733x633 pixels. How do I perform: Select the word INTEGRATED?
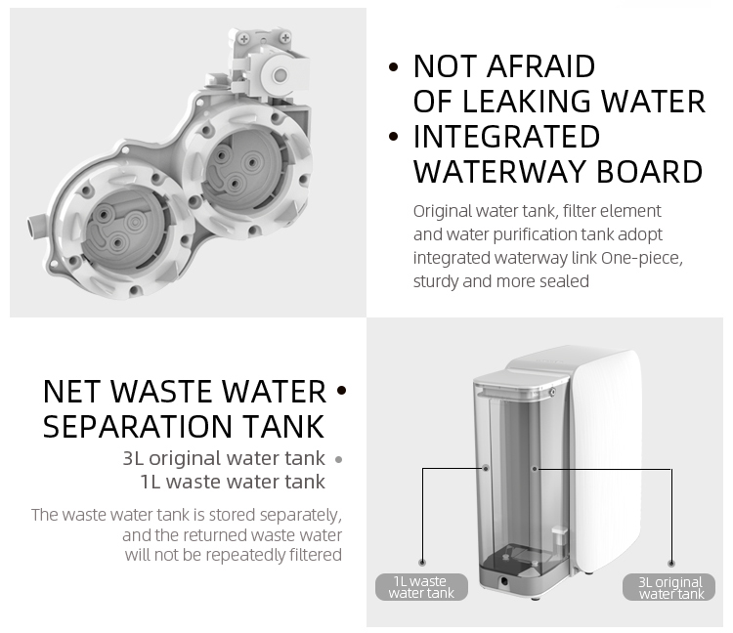pyautogui.click(x=506, y=137)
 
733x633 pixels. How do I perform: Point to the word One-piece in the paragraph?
pyautogui.click(x=647, y=258)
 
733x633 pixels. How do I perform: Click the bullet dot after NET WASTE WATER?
pyautogui.click(x=341, y=392)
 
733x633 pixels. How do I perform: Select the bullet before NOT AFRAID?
pyautogui.click(x=394, y=67)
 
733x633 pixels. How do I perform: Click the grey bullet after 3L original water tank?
pyautogui.click(x=338, y=458)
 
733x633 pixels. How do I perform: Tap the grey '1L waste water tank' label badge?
pyautogui.click(x=420, y=587)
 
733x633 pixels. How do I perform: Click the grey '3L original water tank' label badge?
pyautogui.click(x=670, y=587)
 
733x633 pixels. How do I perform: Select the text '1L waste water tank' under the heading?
pyautogui.click(x=233, y=482)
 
